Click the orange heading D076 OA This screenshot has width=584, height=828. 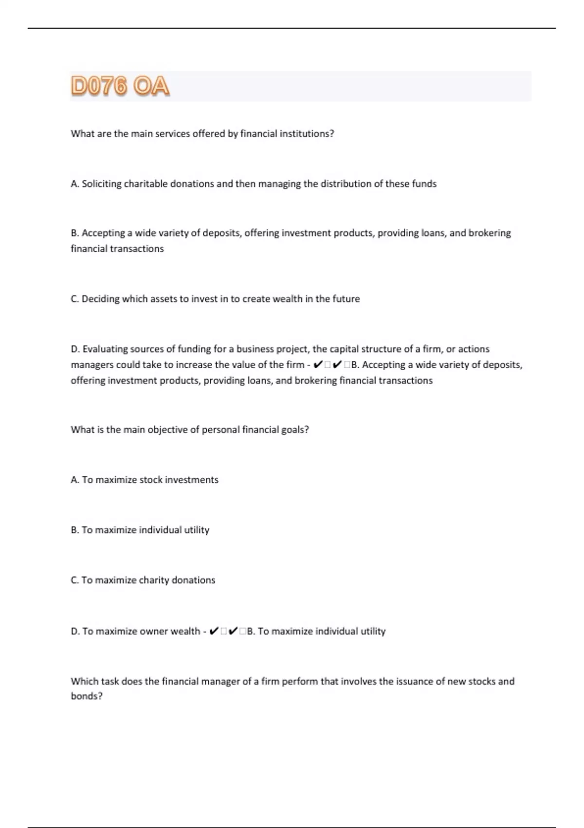[x=120, y=86]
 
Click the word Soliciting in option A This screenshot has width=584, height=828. [x=101, y=184]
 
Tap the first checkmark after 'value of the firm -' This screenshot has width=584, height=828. [x=318, y=365]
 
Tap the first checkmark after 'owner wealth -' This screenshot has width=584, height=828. [x=214, y=631]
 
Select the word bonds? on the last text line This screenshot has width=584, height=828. [x=87, y=696]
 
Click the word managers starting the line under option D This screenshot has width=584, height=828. [x=91, y=365]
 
